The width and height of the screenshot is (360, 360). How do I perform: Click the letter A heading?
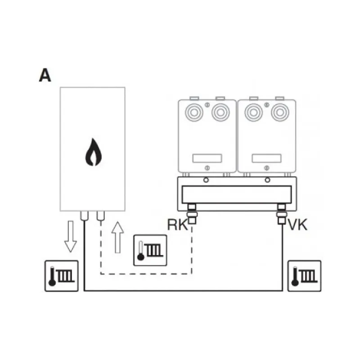45,75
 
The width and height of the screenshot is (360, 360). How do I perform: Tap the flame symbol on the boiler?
94,152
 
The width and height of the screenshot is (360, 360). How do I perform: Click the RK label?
177,225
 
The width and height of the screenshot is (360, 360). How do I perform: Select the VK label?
297,225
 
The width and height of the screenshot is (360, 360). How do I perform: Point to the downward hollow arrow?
71,237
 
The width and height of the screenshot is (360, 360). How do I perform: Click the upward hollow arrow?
117,238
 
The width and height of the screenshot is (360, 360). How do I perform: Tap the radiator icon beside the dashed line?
150,250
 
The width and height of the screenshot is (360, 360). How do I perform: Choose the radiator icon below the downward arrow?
62,276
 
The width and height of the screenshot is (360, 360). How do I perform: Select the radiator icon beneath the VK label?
305,276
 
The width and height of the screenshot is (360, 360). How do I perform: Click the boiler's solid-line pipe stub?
85,216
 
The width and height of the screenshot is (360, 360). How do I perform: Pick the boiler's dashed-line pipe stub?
101,216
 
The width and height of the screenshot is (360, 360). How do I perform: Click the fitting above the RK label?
192,214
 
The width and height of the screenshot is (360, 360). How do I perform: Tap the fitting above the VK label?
282,214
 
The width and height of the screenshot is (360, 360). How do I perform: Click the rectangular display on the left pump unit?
207,158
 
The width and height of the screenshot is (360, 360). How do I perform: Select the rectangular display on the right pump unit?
266,158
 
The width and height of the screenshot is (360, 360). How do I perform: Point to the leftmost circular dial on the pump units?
194,112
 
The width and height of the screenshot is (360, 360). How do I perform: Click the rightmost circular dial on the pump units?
280,112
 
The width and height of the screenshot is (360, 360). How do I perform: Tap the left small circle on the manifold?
206,180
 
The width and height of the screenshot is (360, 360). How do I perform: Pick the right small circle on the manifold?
267,180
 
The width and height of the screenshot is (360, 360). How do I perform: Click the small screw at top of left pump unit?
207,105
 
